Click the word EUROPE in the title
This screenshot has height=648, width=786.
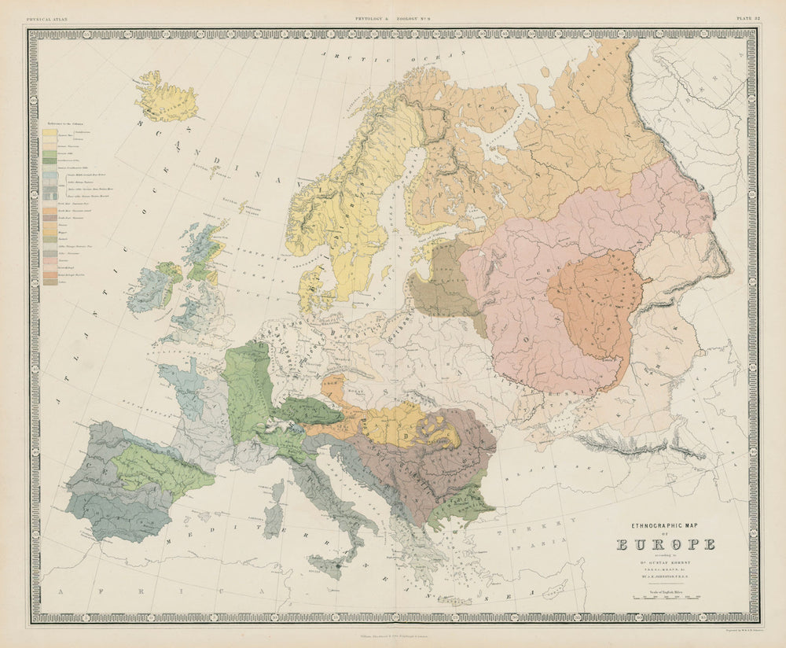(666, 543)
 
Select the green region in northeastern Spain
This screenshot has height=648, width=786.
(157, 468)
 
